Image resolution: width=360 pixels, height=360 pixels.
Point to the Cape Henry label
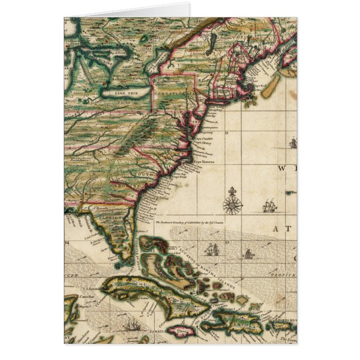[202, 142]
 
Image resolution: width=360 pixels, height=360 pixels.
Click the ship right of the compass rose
[269, 207]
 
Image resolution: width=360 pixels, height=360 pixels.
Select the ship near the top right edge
[292, 143]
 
